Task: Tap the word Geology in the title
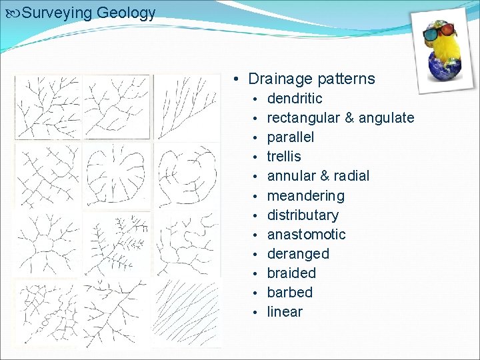point(126,13)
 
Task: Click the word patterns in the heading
point(345,79)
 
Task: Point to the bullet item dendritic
point(295,99)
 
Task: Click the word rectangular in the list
point(303,118)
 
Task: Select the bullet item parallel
point(291,137)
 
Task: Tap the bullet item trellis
point(284,157)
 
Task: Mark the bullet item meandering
point(305,196)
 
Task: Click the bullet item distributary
point(303,215)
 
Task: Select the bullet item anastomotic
point(306,235)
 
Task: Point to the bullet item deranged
point(298,254)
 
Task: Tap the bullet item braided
point(291,273)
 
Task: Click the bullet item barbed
point(289,293)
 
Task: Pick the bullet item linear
point(285,312)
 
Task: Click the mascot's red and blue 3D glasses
point(439,31)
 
